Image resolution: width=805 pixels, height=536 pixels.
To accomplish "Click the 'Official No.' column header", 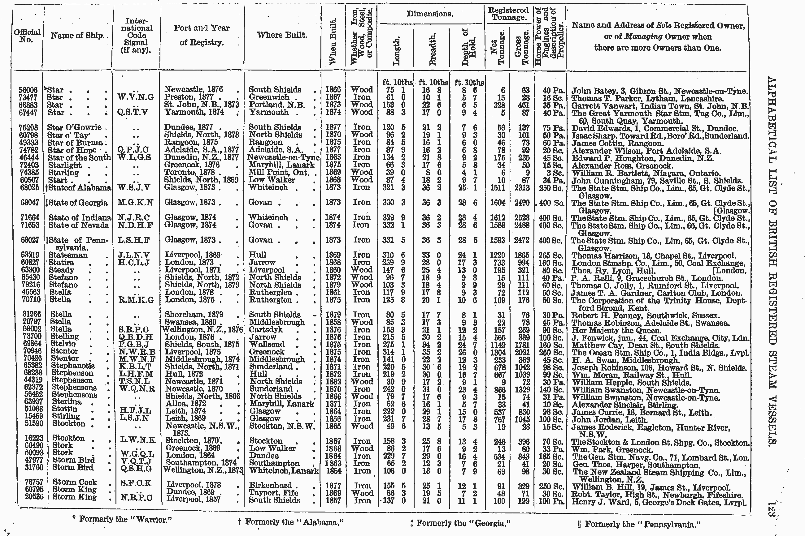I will coord(27,36).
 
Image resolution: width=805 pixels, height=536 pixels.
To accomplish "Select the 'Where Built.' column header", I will coord(282,35).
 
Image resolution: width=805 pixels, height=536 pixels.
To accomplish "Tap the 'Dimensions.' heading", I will coord(430,14).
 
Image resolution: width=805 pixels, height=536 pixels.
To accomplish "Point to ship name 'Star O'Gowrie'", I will coord(74,127).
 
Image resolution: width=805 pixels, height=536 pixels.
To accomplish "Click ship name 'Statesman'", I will coord(68,255).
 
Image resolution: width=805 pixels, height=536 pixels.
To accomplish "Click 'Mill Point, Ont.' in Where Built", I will coord(278,172).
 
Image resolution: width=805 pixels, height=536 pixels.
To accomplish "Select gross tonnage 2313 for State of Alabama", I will coord(522,188).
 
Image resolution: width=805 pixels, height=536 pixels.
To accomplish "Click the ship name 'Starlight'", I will coord(65,165).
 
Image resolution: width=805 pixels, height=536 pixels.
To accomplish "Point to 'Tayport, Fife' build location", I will coord(274,493).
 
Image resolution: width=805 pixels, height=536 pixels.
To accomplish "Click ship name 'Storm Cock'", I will coord(75,482).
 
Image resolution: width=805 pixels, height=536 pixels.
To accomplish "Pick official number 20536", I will coord(34,497).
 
